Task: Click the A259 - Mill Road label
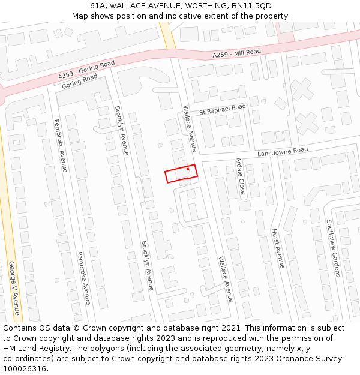[x=237, y=54]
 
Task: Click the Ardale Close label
[x=240, y=176]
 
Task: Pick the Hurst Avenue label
[x=277, y=248]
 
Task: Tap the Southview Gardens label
[x=334, y=247]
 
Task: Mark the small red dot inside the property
[x=188, y=170]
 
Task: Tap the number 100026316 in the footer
[x=24, y=369]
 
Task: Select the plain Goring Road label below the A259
[x=79, y=81]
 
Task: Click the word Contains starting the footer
[x=20, y=328]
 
